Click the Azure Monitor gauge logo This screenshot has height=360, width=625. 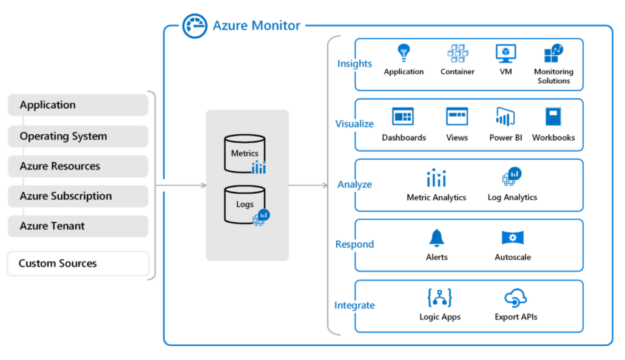[195, 26]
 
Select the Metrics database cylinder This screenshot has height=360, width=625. [245, 154]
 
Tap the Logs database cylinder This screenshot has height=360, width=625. [245, 205]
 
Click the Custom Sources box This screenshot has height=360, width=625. [78, 263]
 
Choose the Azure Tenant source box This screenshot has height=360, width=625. [78, 226]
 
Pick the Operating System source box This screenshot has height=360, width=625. [78, 137]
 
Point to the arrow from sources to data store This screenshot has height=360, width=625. [181, 185]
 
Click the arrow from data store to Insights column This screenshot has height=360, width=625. [308, 185]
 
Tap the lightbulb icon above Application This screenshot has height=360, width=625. [404, 53]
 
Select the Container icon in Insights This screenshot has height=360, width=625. [458, 53]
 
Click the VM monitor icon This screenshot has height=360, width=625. [506, 53]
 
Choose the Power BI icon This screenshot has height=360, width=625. [505, 117]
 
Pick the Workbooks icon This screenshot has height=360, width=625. [553, 117]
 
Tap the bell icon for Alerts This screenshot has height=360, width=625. [436, 238]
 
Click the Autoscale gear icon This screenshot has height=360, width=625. [513, 237]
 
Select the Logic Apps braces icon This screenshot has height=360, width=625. [440, 298]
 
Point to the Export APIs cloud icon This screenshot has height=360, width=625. [515, 298]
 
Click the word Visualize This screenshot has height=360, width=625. [354, 124]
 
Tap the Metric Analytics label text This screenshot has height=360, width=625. [436, 197]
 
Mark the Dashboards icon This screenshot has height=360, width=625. [403, 117]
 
